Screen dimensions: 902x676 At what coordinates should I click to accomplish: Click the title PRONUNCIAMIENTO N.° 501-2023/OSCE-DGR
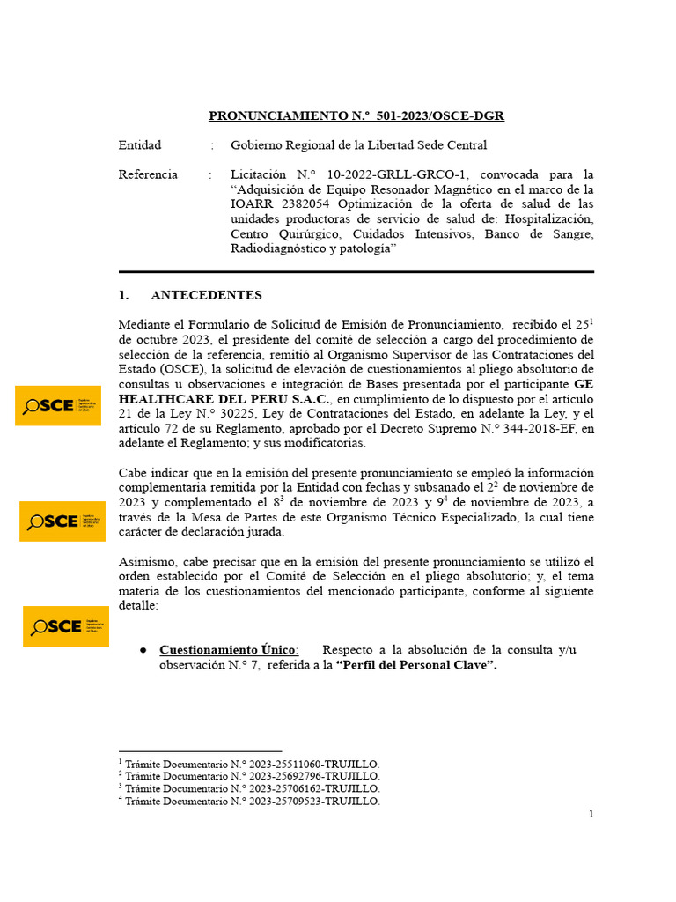(x=356, y=116)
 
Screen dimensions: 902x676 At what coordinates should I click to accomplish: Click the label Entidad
(x=140, y=145)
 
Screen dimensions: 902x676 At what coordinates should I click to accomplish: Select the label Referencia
(x=148, y=174)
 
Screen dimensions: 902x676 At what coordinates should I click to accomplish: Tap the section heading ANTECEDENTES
(x=206, y=295)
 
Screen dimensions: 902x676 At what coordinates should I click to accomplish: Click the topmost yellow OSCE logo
(x=58, y=405)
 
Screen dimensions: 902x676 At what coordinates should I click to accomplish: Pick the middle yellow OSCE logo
(x=62, y=521)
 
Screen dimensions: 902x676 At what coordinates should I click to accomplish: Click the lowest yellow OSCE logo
(x=66, y=626)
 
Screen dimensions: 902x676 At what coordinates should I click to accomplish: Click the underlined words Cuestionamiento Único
(x=228, y=650)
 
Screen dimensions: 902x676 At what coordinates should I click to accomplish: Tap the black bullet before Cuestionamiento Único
(x=143, y=650)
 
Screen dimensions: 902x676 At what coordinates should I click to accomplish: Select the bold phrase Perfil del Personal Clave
(x=416, y=666)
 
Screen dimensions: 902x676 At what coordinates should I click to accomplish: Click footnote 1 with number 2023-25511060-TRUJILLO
(x=249, y=764)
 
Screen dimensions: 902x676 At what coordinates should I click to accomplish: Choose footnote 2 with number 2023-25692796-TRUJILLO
(x=249, y=776)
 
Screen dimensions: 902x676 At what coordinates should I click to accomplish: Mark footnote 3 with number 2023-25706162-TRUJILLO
(x=249, y=789)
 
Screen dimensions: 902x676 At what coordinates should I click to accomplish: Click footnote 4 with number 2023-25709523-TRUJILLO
(x=249, y=802)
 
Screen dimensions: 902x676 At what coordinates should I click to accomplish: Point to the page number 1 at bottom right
(x=591, y=814)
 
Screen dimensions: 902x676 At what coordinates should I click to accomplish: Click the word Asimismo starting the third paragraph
(x=148, y=562)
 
